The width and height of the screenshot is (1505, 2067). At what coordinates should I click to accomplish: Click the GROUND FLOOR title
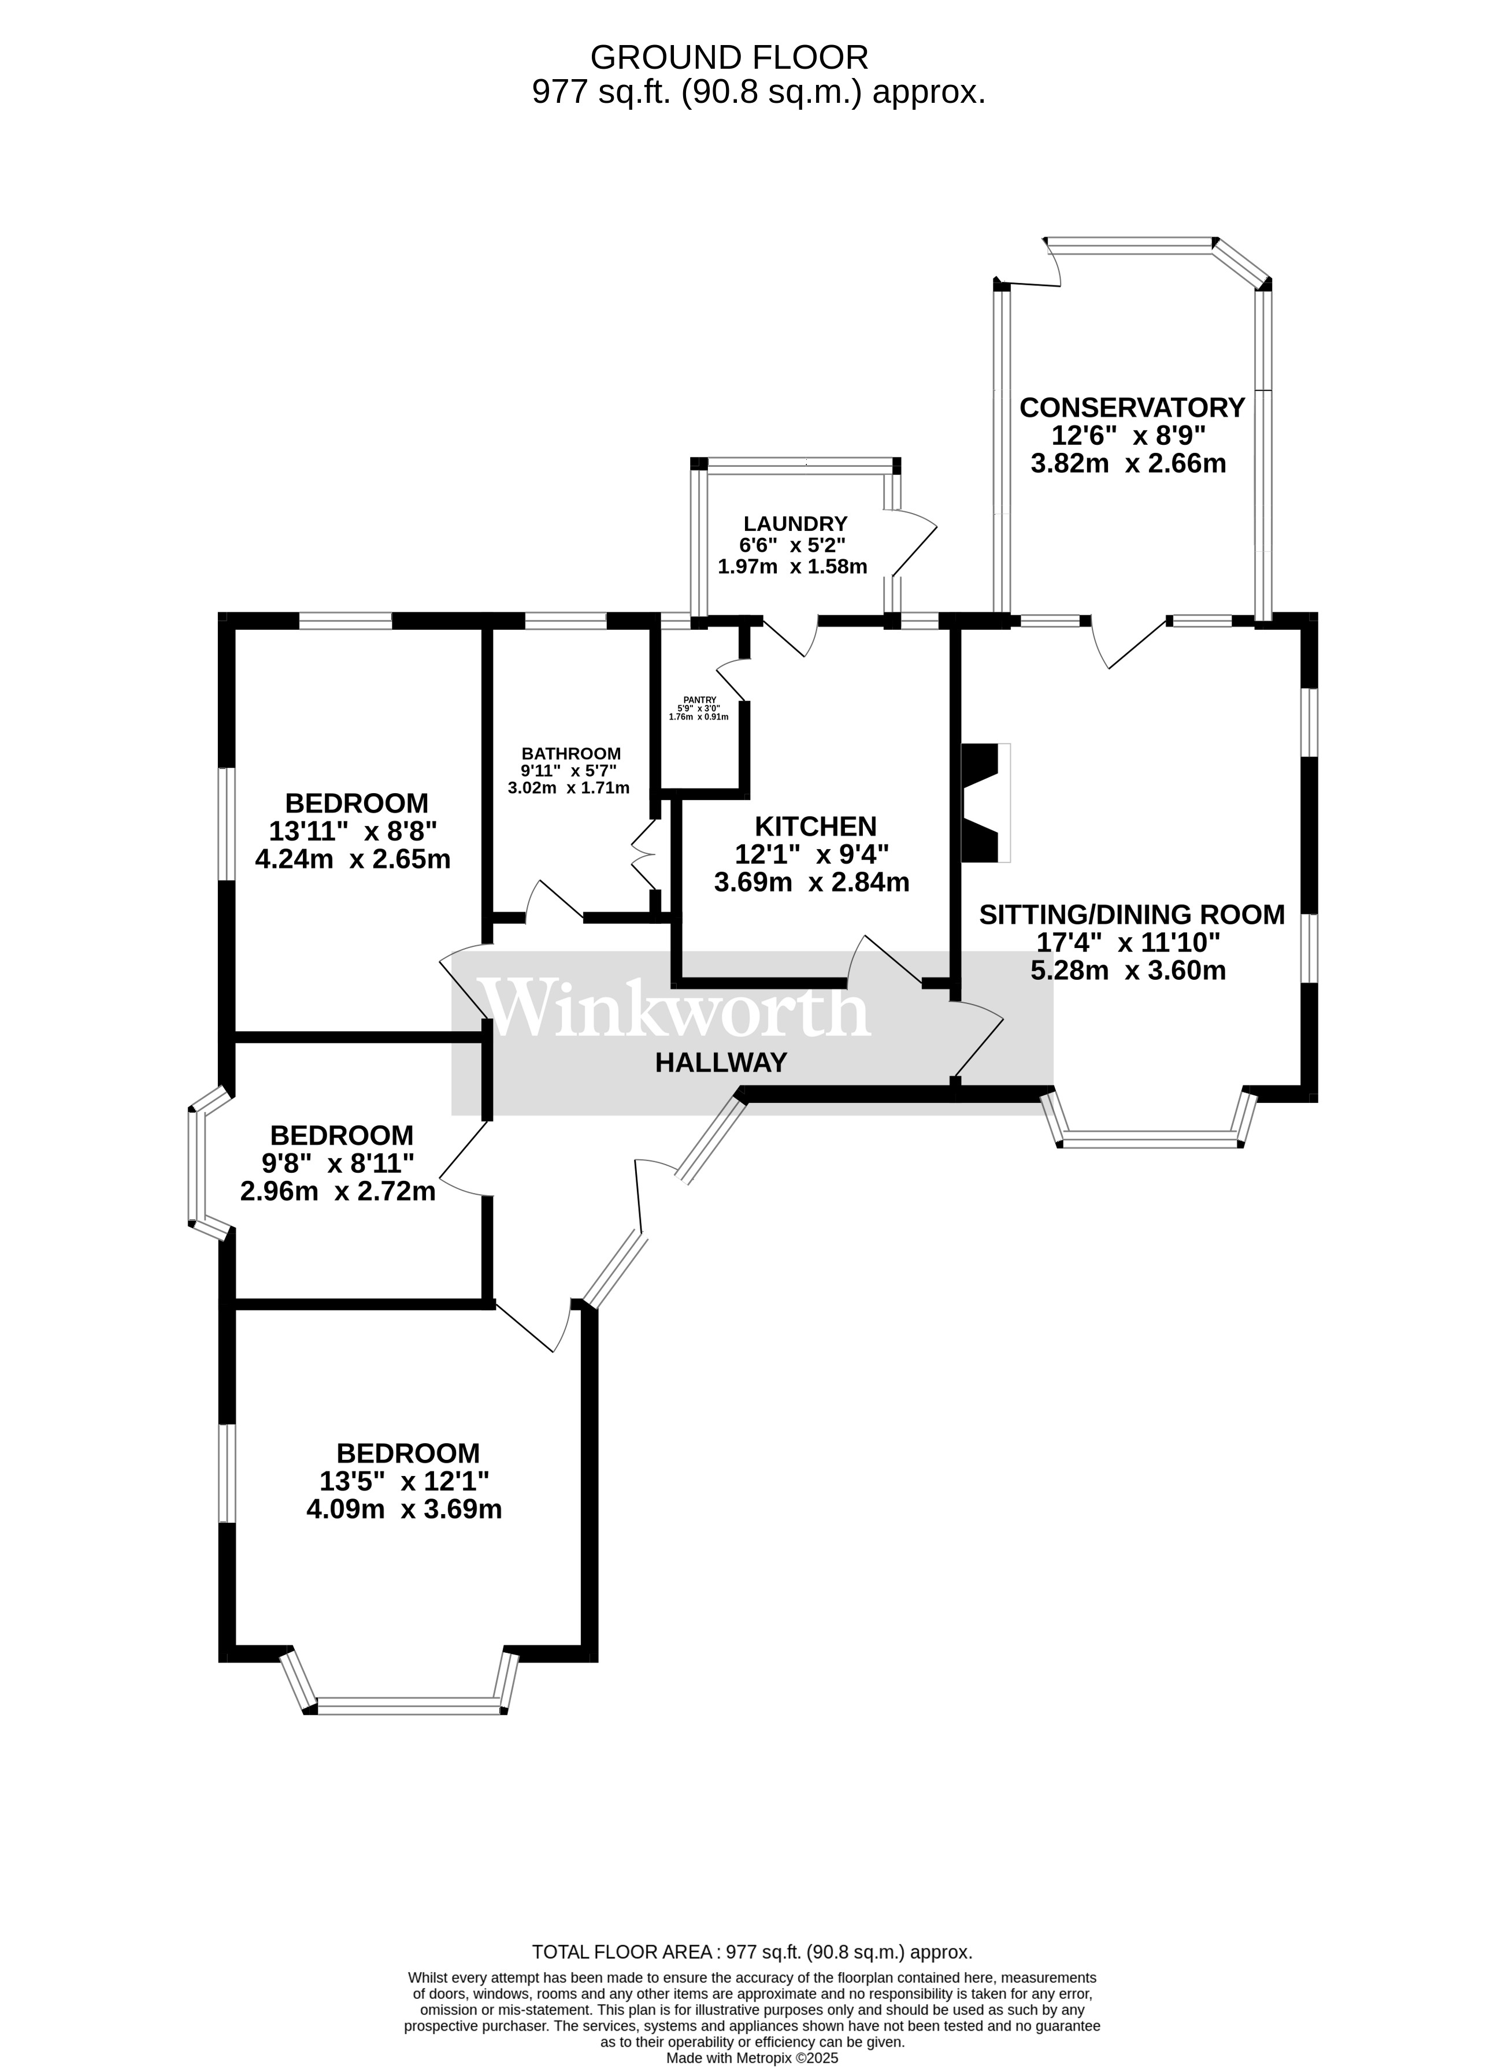coord(729,57)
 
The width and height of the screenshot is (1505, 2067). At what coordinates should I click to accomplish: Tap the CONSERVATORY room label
coord(1131,407)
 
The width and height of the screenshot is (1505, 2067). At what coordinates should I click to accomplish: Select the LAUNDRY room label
coord(795,524)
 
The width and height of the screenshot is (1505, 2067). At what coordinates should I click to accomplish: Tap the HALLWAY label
coord(720,1062)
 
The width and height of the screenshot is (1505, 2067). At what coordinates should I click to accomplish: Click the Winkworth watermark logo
coord(674,1009)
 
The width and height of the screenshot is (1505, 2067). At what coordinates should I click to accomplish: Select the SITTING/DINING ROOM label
coord(1131,914)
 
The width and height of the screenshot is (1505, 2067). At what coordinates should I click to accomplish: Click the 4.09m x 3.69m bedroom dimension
coord(404,1510)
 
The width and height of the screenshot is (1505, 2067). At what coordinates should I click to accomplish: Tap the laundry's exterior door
coord(914,544)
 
